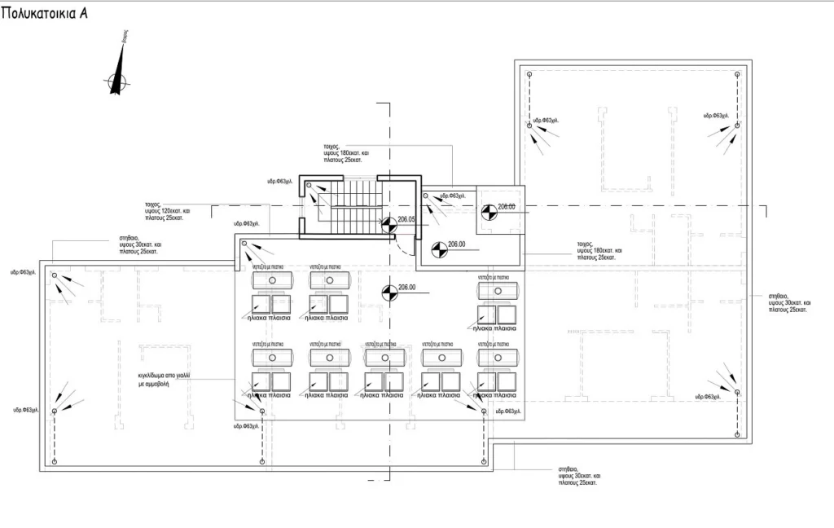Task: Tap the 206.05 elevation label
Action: coord(406,219)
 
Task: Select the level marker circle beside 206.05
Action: coord(388,222)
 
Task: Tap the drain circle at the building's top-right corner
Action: coord(739,73)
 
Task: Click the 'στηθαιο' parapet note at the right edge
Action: coord(786,302)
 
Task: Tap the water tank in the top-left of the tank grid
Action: coord(273,280)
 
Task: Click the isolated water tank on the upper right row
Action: coord(498,290)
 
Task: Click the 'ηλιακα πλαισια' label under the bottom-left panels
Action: coord(270,394)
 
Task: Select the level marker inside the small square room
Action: coord(487,210)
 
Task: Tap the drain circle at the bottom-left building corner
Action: coord(55,462)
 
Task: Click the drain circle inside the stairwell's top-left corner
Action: coord(310,187)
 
